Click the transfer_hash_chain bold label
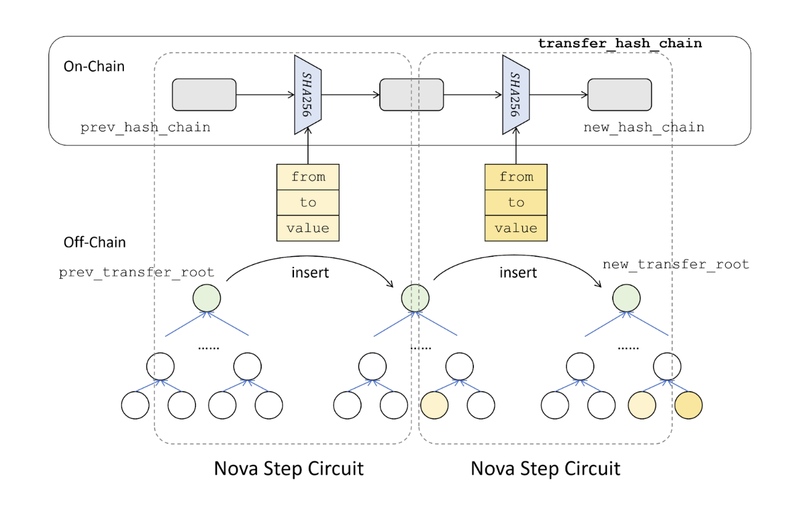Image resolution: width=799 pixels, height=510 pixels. [620, 43]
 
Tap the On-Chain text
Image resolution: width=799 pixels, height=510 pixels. [94, 66]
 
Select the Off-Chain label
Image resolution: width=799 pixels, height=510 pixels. [95, 242]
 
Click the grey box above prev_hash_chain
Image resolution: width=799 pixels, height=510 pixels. [204, 95]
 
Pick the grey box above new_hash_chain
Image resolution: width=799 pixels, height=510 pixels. [619, 95]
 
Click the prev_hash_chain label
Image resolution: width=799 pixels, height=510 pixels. [145, 127]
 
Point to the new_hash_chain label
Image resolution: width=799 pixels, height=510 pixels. [643, 127]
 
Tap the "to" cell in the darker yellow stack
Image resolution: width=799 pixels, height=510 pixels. [516, 202]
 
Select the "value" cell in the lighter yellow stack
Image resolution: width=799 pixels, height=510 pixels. [308, 228]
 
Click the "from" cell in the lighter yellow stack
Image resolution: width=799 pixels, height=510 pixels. [308, 177]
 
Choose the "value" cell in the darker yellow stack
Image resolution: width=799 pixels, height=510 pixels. [516, 228]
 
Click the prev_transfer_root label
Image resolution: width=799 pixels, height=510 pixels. [136, 272]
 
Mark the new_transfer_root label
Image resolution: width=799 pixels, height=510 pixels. [676, 264]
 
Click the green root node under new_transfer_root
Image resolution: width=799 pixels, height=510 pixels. [626, 298]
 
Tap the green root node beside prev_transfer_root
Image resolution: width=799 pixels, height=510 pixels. [206, 298]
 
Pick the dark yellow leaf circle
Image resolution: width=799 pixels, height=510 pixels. [688, 405]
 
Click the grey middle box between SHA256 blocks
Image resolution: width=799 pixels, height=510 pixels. [412, 95]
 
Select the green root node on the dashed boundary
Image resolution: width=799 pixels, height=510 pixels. [415, 298]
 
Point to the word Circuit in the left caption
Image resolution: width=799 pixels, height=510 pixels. [336, 468]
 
